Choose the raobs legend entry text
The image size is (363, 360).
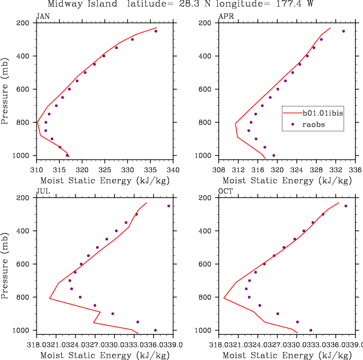[314, 124]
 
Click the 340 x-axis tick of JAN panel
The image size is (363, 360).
[174, 170]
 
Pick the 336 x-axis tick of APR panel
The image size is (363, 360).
[356, 170]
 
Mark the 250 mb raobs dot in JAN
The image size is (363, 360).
[155, 31]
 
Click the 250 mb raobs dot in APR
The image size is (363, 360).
[344, 31]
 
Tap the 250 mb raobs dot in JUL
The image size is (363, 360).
[169, 206]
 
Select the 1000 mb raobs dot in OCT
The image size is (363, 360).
[310, 330]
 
